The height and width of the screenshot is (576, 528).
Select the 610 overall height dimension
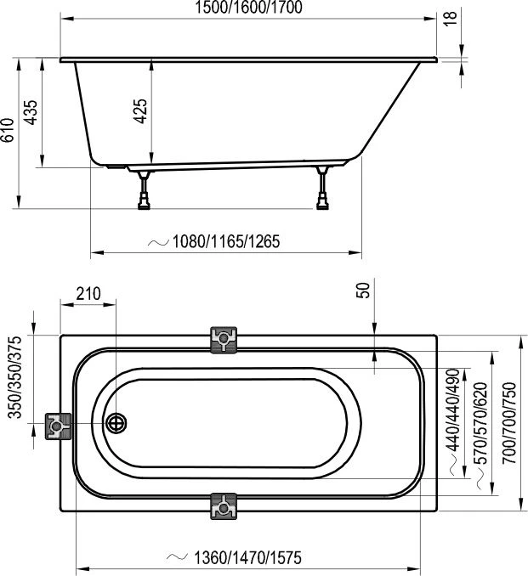(x=9, y=132)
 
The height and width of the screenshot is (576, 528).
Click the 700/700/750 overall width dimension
(x=509, y=421)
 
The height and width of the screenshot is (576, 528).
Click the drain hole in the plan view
(x=116, y=422)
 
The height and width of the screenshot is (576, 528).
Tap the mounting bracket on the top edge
(x=224, y=340)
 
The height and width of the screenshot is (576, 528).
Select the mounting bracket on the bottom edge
(x=224, y=506)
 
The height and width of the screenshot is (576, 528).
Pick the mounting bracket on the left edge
(x=58, y=424)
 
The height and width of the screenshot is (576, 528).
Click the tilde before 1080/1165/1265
(x=159, y=242)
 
